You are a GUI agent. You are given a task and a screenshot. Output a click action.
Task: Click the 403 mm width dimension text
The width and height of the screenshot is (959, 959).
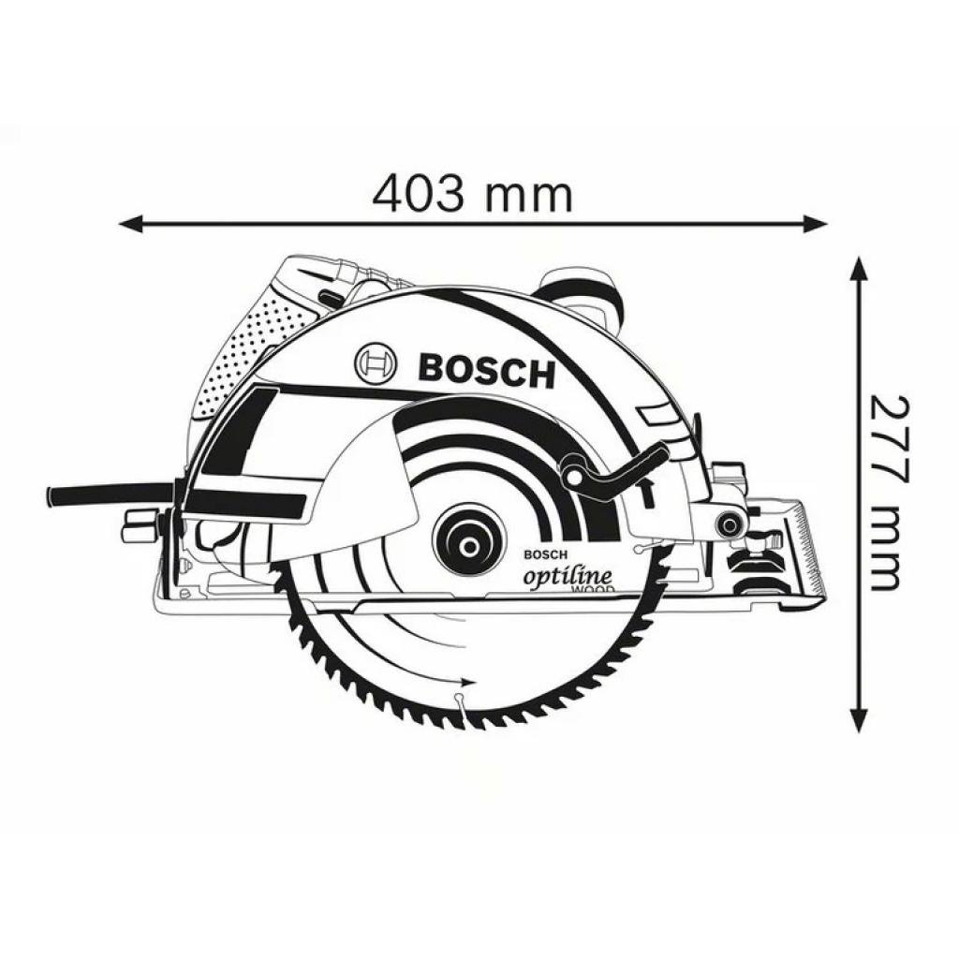pyautogui.click(x=472, y=195)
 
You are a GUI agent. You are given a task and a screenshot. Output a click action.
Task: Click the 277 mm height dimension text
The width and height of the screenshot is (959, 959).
pyautogui.click(x=889, y=493)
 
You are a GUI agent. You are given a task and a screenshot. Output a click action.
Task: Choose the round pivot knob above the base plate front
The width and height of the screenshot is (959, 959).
pyautogui.click(x=727, y=524)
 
